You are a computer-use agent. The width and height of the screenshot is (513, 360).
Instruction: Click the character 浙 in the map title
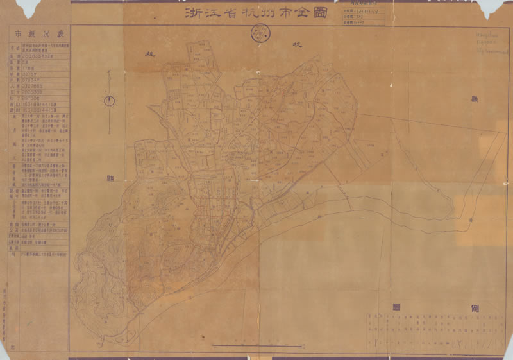[x=191, y=12]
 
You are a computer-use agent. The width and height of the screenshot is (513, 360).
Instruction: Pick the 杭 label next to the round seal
[x=297, y=45]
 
